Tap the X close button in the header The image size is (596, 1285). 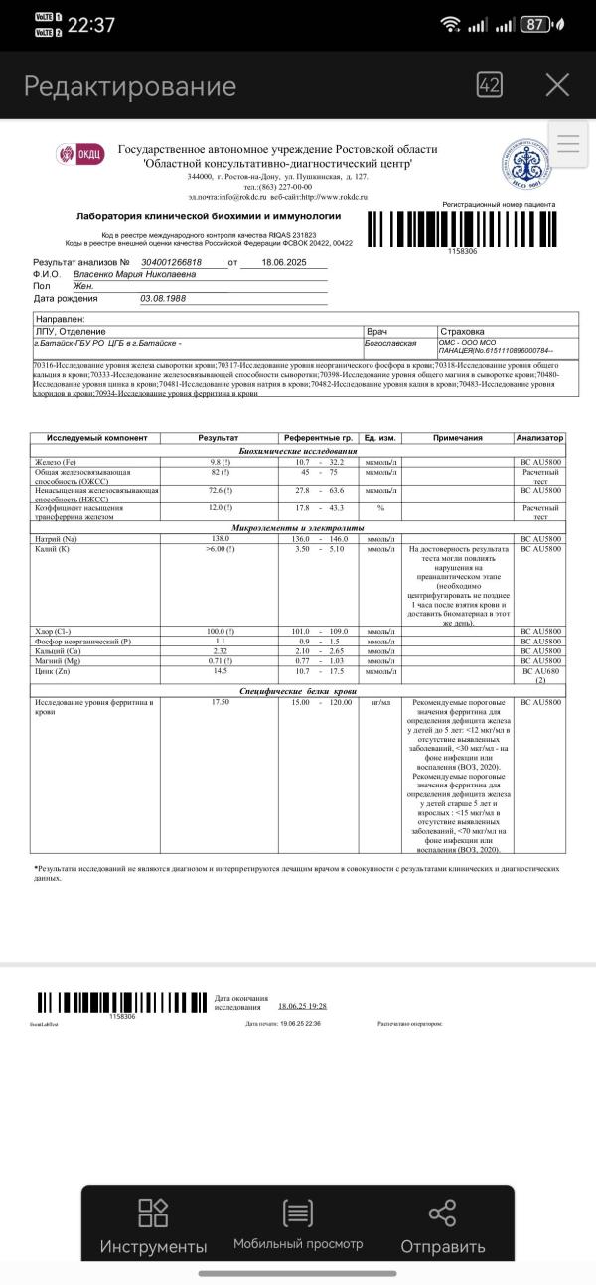click(557, 85)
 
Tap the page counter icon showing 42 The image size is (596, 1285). click(489, 85)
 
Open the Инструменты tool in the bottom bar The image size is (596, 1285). click(153, 1226)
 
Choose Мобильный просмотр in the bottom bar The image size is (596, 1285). click(298, 1226)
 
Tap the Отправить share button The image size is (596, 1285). click(441, 1226)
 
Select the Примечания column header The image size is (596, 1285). click(457, 437)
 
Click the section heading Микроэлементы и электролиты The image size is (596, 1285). click(298, 527)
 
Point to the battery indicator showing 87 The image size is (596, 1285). click(536, 25)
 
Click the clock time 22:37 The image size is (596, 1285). click(90, 25)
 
